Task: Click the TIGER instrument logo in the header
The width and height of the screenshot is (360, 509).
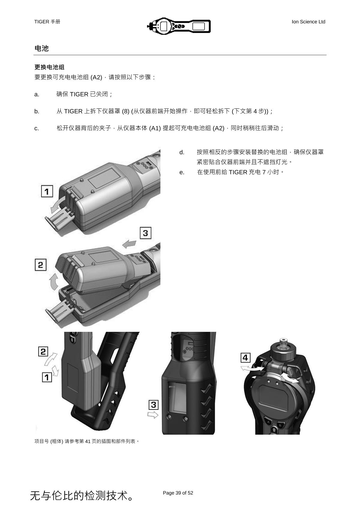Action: click(179, 26)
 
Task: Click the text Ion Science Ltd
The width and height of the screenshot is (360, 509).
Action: click(308, 22)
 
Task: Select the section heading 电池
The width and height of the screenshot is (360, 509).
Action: click(41, 48)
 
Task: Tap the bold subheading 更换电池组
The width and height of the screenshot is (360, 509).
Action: click(49, 67)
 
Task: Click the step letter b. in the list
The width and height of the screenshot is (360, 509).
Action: click(37, 112)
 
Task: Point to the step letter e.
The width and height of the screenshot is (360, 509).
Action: click(182, 172)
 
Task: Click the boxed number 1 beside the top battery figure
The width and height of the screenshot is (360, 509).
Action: click(47, 191)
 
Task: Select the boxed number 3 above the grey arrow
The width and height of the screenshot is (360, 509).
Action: click(145, 233)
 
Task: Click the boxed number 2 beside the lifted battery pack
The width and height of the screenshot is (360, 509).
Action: click(40, 265)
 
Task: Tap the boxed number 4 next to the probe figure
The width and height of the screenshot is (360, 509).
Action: click(245, 358)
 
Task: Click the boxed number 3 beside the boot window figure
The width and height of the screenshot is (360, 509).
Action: click(154, 405)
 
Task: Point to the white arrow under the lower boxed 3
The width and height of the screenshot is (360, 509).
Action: click(153, 415)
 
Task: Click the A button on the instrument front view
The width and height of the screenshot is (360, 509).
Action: click(269, 422)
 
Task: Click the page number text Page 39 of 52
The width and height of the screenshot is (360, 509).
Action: click(178, 493)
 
